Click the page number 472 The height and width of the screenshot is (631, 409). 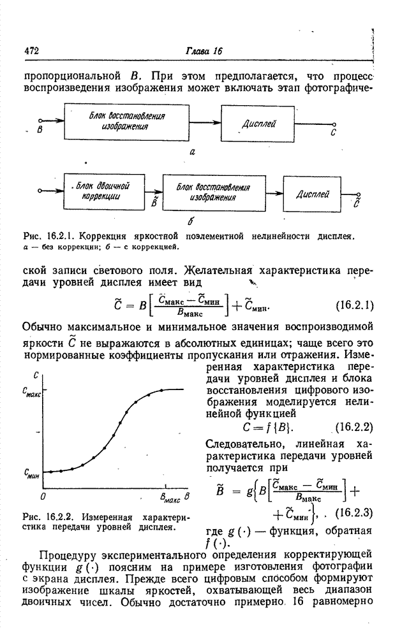coord(32,50)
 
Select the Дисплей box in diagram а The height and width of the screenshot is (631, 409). coord(258,124)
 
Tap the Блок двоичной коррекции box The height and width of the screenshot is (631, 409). coord(101,191)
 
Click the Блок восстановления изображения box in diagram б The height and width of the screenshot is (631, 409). coord(213,192)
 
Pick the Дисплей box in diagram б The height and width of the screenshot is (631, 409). coord(313,194)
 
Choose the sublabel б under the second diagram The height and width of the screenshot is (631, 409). coord(191,221)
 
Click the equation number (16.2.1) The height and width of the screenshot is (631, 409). coord(353,305)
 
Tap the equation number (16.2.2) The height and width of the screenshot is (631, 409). coord(353,427)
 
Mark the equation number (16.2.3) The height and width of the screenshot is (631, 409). coord(352,512)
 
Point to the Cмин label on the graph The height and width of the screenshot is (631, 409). coord(33,474)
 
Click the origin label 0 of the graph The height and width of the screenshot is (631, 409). coord(43,495)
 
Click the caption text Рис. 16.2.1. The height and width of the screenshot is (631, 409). coord(44,236)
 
